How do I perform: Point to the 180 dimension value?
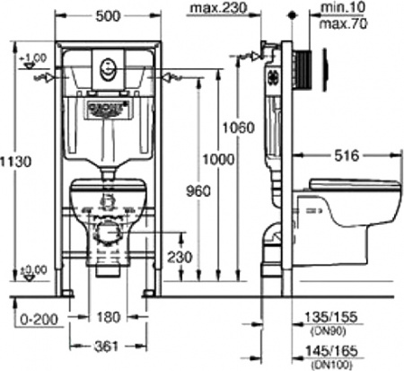tap(108, 316)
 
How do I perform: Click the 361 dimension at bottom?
tap(108, 348)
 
